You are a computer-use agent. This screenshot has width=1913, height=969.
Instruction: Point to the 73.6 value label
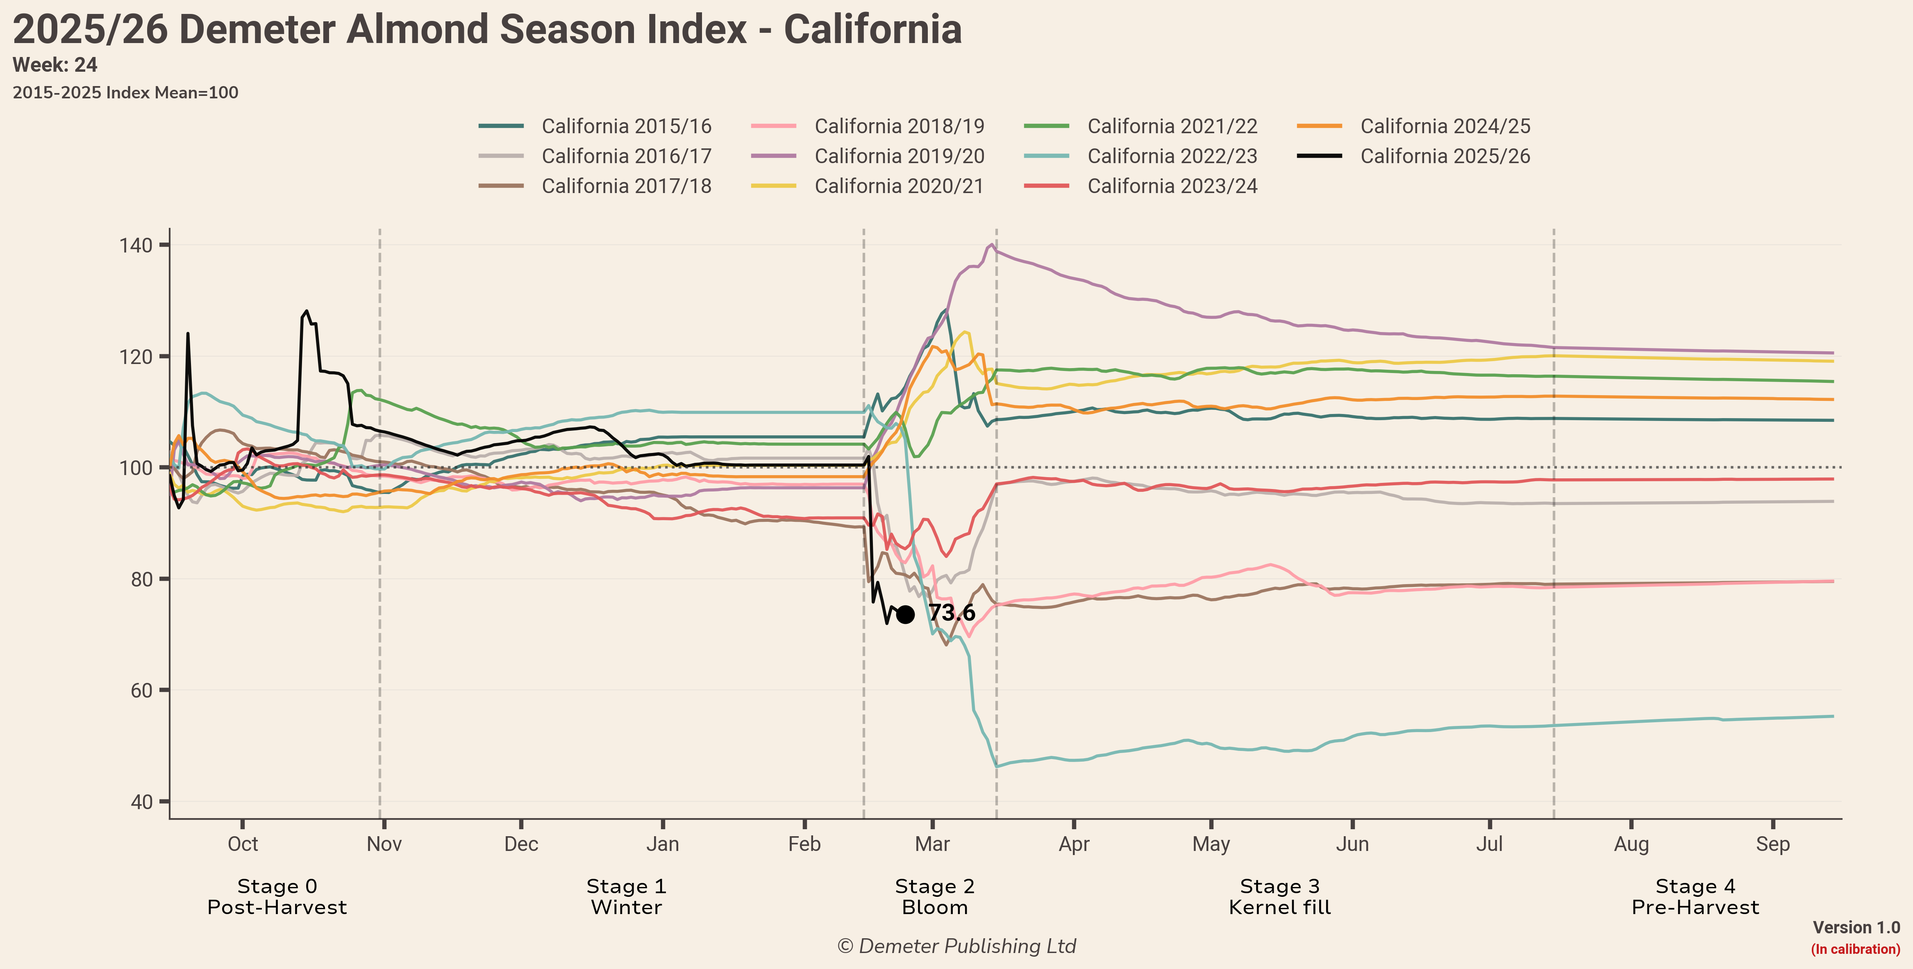(951, 612)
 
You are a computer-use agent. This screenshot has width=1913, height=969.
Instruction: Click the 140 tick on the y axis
(136, 245)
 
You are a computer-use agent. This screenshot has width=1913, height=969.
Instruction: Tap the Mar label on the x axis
(932, 844)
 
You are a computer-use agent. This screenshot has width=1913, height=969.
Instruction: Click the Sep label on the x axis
(1773, 844)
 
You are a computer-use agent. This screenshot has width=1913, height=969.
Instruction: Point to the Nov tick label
(384, 844)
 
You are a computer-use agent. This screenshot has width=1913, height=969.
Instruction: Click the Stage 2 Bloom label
(934, 896)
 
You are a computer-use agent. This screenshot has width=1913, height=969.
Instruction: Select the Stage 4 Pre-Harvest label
(1695, 896)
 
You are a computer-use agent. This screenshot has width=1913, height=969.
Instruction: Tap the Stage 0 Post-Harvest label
(277, 896)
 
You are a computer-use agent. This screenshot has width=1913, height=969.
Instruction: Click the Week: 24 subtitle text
(55, 65)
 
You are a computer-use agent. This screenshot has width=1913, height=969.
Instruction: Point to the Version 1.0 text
(1856, 928)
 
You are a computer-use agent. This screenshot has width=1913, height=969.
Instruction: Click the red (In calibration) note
(1855, 949)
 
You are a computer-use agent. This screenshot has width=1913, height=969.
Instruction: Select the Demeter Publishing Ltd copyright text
(956, 946)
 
